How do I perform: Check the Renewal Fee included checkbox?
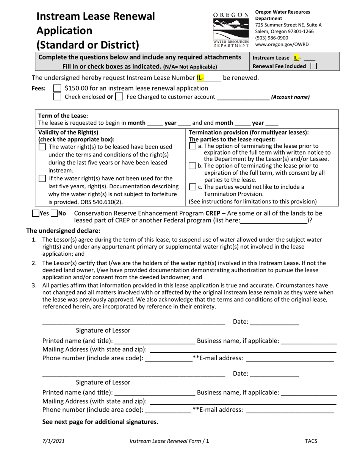tap(313, 66)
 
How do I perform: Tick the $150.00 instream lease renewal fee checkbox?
tap(57, 88)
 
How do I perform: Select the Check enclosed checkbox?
tap(57, 97)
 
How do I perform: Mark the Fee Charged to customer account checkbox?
tap(119, 97)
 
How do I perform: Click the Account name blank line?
tap(243, 97)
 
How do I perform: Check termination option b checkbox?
tap(193, 166)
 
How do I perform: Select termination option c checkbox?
tap(193, 187)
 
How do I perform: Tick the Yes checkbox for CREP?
tap(36, 213)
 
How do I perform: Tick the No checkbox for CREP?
tap(54, 213)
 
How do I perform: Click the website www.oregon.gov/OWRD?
tap(282, 44)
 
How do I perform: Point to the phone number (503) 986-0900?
tap(271, 38)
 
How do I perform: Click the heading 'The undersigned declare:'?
tap(63, 231)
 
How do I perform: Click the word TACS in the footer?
tap(311, 441)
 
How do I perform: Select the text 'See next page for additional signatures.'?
tap(100, 422)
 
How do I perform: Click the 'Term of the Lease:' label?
tap(63, 116)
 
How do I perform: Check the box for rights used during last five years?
tap(42, 147)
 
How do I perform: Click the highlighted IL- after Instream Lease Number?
tap(200, 78)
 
